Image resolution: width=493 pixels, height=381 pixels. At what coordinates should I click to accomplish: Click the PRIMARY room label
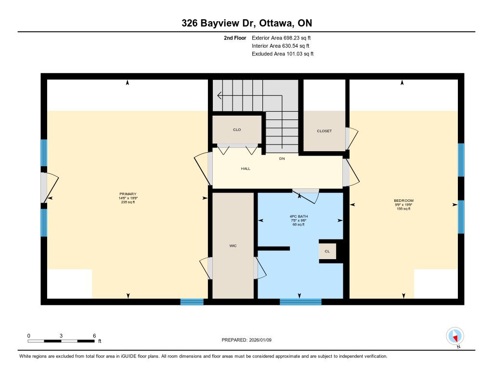[128, 194]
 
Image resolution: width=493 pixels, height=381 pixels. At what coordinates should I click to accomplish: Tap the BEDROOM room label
[404, 200]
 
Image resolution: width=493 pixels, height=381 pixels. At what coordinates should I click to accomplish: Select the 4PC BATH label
[298, 216]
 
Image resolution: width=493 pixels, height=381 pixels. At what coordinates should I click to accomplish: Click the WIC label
[233, 246]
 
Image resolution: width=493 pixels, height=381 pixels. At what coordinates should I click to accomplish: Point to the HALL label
[246, 169]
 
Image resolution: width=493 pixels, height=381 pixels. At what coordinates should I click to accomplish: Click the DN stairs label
[282, 158]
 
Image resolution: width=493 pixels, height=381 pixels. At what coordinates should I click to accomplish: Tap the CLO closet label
[237, 130]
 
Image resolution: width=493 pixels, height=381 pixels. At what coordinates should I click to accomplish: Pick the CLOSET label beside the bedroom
[324, 131]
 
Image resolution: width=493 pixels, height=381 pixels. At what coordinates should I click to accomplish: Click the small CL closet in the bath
[327, 251]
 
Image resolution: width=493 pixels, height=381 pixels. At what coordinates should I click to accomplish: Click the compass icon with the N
[455, 336]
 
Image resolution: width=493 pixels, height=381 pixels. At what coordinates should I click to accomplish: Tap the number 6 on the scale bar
[94, 336]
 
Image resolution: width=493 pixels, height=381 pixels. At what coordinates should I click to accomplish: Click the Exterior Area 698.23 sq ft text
[281, 38]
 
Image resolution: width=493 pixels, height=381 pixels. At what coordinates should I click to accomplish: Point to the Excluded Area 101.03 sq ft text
[283, 54]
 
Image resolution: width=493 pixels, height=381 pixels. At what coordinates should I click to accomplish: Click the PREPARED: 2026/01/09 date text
[246, 340]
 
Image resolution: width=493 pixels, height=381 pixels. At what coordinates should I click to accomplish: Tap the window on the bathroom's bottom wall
[300, 302]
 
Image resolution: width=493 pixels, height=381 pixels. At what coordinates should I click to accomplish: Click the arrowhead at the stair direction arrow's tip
[219, 95]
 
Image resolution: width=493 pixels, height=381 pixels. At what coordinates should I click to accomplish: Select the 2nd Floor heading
[235, 38]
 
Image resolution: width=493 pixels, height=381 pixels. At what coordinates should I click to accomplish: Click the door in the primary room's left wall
[50, 187]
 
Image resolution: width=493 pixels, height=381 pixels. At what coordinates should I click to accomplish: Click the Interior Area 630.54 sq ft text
[281, 46]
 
